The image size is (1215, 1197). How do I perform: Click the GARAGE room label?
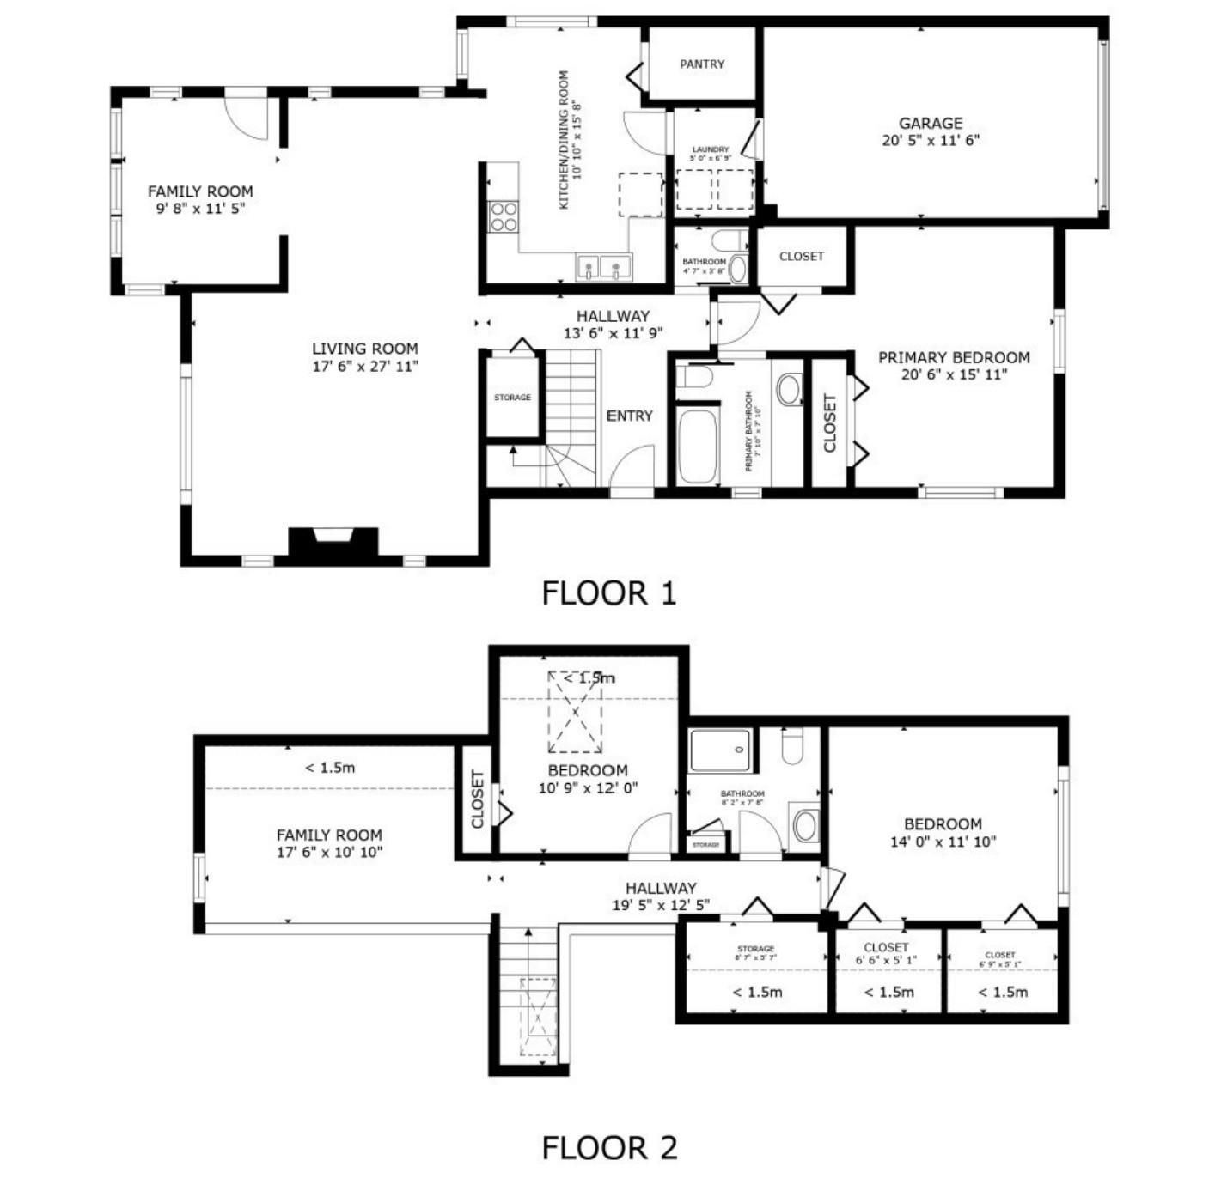930,123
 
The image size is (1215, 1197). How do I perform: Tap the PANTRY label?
701,64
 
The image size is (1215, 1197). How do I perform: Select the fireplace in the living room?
333,544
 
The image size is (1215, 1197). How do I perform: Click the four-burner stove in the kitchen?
504,217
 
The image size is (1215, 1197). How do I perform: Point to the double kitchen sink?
603,267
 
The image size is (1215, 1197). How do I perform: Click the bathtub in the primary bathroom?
697,447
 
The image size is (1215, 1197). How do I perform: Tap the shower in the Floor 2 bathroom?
720,750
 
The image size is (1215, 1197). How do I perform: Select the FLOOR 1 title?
608,593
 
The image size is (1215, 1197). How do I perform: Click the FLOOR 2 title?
608,1147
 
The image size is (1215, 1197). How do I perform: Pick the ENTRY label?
629,416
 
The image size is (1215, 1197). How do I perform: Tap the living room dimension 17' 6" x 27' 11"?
365,367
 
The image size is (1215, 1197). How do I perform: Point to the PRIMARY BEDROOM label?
953,357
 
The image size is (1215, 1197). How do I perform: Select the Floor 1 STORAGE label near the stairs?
512,398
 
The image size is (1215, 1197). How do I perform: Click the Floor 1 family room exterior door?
247,117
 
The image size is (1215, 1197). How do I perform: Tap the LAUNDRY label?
710,149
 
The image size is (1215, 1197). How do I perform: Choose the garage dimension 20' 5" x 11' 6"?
930,141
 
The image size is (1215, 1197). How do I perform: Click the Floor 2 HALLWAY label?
660,888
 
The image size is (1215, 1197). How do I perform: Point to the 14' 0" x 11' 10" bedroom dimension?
943,842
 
